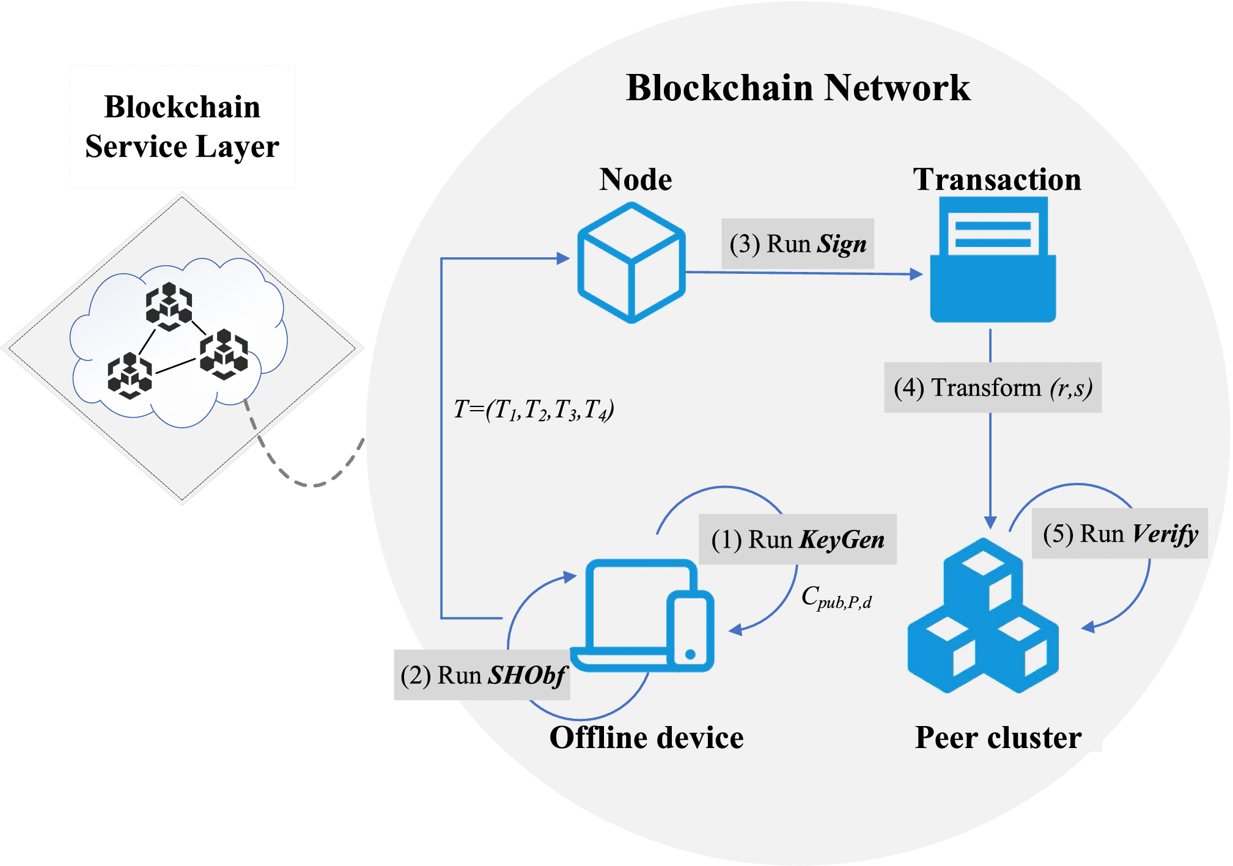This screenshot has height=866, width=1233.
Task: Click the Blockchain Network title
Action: (798, 87)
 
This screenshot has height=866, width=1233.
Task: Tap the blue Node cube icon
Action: (631, 263)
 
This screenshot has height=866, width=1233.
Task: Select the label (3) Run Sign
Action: (797, 244)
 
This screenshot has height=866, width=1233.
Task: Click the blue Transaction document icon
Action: (993, 260)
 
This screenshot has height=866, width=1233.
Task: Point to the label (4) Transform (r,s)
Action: (993, 387)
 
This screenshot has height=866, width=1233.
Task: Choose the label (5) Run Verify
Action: (1119, 534)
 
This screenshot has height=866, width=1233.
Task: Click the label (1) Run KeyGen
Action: (797, 539)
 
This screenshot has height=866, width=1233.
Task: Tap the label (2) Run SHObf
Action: (482, 675)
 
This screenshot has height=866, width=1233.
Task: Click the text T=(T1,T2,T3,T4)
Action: (533, 409)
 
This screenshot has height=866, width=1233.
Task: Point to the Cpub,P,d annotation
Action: (836, 597)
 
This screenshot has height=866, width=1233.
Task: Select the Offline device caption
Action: (646, 737)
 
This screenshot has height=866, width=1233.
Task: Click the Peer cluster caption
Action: (998, 737)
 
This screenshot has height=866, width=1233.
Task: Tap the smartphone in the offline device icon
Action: (690, 629)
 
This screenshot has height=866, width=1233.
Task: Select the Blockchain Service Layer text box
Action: (182, 127)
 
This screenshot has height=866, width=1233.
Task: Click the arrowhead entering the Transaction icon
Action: (916, 274)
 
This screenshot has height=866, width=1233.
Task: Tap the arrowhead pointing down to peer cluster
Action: (990, 523)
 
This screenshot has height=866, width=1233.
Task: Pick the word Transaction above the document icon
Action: (996, 179)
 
